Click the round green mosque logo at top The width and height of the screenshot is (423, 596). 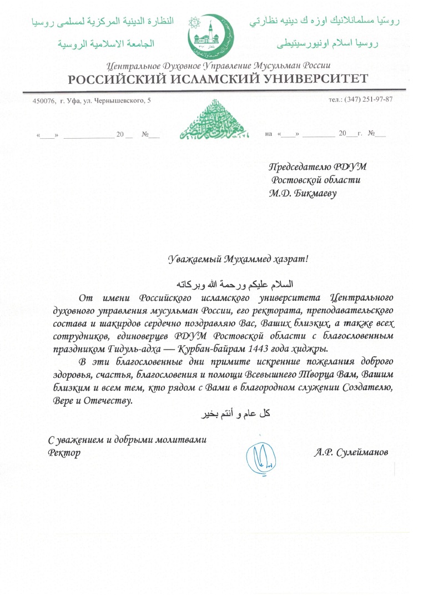coord(211,36)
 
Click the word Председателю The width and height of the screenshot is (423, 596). coord(300,166)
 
